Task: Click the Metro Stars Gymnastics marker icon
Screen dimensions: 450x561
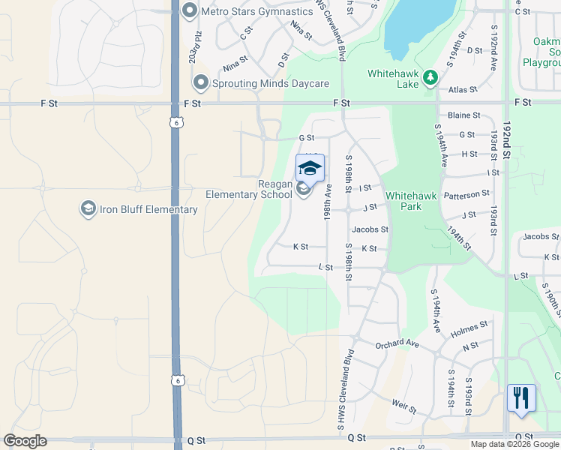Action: [x=189, y=11]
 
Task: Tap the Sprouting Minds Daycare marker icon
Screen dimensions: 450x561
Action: [x=200, y=82]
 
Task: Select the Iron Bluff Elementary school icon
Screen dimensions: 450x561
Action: [x=88, y=208]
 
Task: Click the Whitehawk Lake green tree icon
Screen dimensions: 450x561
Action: [x=430, y=76]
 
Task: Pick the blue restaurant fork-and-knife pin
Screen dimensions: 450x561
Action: [x=521, y=397]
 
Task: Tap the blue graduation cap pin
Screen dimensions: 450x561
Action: [x=310, y=167]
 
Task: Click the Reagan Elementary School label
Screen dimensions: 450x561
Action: [x=249, y=189]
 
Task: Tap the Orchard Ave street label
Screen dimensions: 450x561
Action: [x=397, y=343]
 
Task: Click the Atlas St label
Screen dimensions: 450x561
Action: [x=463, y=89]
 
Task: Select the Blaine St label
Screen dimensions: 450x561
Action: [x=463, y=115]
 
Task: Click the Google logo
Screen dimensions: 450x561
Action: [x=25, y=441]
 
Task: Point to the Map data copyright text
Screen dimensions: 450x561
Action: [x=514, y=444]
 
